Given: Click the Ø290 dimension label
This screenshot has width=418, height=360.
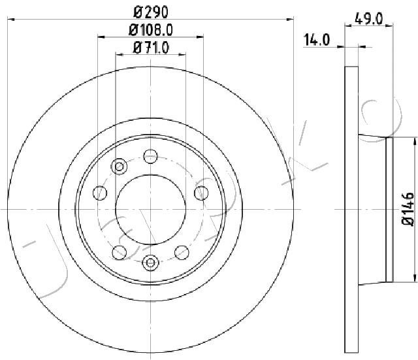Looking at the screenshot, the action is click(151, 12).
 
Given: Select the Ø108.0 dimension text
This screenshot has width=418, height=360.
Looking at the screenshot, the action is click(151, 30).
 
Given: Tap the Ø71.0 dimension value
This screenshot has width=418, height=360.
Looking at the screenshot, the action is click(151, 48).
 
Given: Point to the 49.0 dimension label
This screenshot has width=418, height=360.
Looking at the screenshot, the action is click(368, 19).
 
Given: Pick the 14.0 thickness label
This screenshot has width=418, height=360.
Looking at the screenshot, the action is click(317, 40).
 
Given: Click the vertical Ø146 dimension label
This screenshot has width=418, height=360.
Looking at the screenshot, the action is click(408, 209).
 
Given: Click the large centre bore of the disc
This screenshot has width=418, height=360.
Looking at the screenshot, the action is click(151, 210).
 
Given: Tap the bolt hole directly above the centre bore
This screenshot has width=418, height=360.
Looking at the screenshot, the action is click(151, 156).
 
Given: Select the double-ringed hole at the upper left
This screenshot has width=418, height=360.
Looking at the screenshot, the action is click(119, 167).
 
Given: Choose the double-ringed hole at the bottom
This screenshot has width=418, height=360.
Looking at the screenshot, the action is click(151, 263).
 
